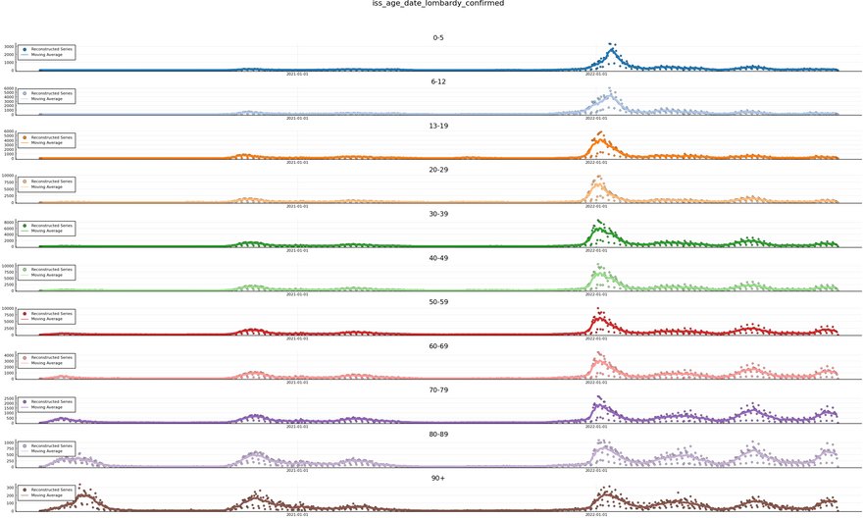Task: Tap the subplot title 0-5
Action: [x=437, y=38]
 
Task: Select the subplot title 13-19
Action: [x=437, y=126]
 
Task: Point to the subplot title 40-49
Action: [x=437, y=258]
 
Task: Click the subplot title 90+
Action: [x=437, y=478]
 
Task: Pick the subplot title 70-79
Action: [x=437, y=389]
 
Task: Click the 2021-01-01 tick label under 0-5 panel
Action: [x=297, y=74]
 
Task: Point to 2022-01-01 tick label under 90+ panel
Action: [x=595, y=514]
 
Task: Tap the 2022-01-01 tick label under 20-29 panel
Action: [x=595, y=206]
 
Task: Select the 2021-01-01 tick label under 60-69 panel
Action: [x=297, y=382]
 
